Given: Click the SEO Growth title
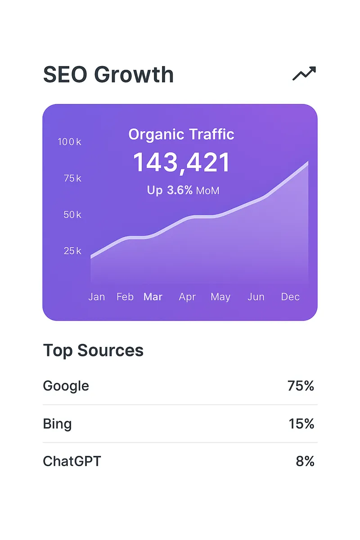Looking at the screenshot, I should point(108,74).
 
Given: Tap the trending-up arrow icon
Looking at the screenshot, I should point(304,73).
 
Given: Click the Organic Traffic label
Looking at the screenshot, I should point(181,134).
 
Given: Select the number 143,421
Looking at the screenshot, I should point(181,162).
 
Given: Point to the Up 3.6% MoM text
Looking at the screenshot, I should point(183,190).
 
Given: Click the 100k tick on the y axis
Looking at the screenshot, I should point(69,142).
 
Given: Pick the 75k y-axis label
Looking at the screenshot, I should point(72,178).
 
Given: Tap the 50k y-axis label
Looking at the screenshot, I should point(72,215).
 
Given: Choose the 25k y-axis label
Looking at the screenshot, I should point(72,251).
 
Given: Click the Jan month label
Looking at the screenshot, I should point(96,297).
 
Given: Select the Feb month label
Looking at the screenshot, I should point(125,297).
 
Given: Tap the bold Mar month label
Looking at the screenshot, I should point(153,297).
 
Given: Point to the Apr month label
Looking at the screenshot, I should point(187,297).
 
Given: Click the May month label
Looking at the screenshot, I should point(220,297).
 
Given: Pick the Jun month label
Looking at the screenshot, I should point(256,297).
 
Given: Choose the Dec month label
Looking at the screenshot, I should point(290,297).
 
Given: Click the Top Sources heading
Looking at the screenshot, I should point(93,350).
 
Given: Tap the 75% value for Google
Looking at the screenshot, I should point(301,386).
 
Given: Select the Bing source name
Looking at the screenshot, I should point(57,424).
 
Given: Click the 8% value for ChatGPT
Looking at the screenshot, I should point(305,461).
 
